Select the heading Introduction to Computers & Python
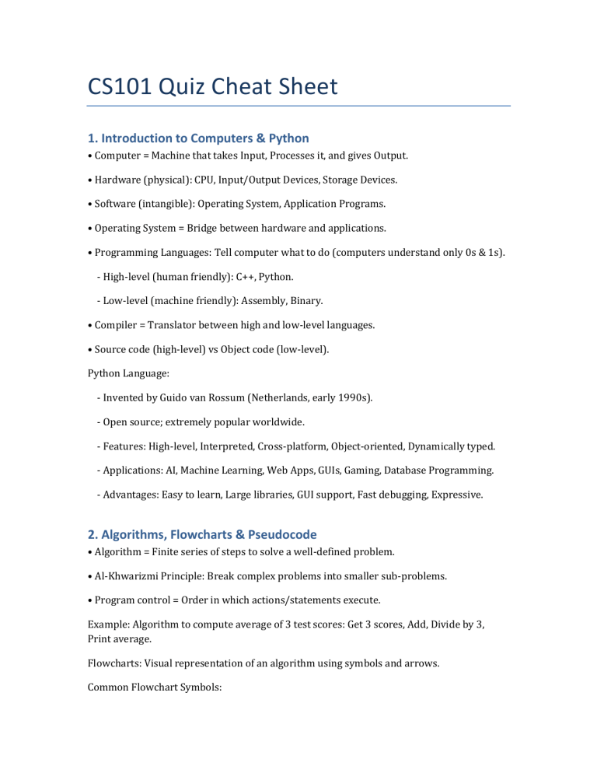[197, 138]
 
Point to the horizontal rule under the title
[298, 106]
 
